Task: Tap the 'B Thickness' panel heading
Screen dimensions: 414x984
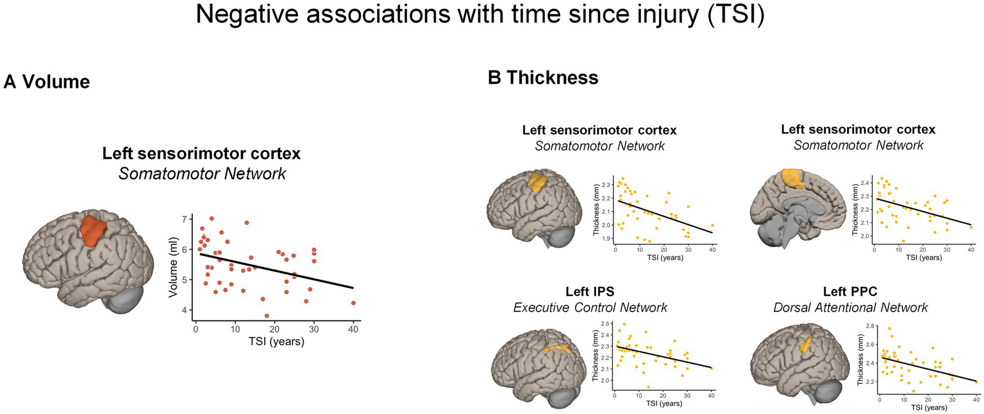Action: tap(543, 78)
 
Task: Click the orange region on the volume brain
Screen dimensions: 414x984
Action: tap(92, 232)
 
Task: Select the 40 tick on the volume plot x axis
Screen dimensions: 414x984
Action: tap(353, 328)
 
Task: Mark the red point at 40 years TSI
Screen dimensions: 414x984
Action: tap(353, 303)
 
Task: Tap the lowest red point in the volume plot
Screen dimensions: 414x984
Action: tap(267, 315)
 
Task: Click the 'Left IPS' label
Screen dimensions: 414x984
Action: tap(590, 292)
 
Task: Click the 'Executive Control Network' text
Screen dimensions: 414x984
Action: tap(590, 308)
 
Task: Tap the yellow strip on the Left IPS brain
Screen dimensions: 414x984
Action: tap(556, 349)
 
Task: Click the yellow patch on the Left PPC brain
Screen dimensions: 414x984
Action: tap(806, 349)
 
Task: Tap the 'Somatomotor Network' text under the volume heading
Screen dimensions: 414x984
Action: tap(202, 173)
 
